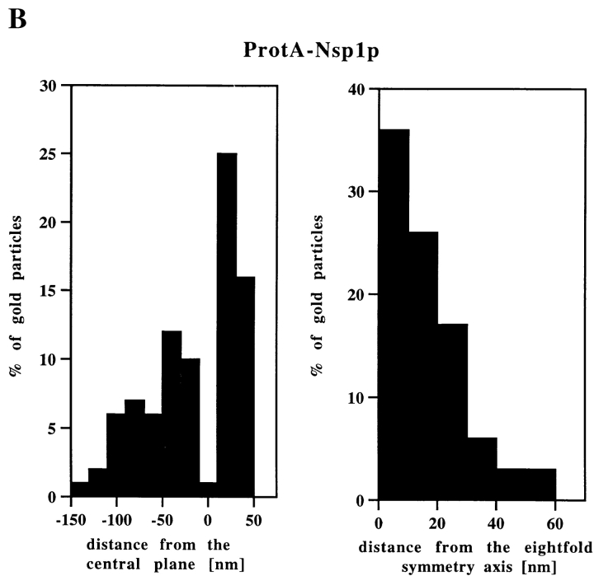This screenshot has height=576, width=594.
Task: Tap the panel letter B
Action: click(x=17, y=18)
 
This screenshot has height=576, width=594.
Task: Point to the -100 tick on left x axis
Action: click(x=116, y=520)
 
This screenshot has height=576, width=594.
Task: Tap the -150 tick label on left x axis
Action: click(x=71, y=520)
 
